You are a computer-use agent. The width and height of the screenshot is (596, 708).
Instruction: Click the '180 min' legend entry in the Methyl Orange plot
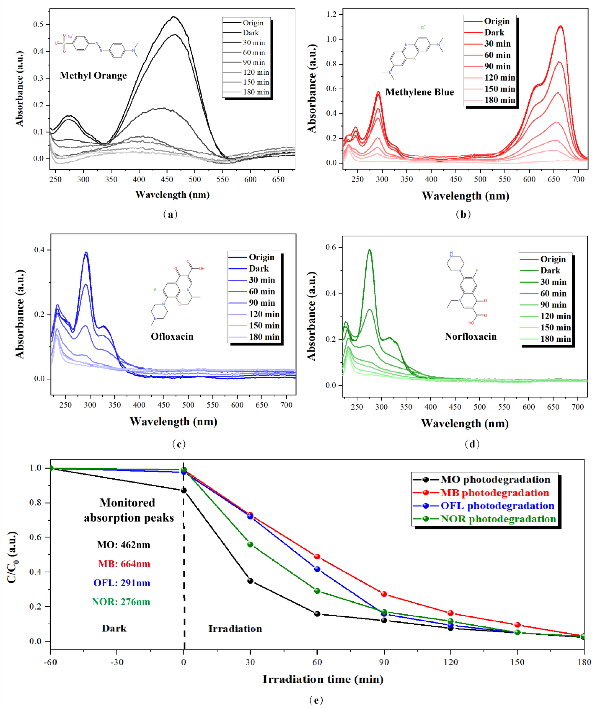point(256,92)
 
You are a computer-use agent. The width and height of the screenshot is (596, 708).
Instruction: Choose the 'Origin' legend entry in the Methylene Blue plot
point(497,21)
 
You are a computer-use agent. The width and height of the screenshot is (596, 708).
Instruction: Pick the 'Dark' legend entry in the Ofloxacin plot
point(258,269)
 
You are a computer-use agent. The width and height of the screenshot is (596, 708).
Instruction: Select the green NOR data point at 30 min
point(250,544)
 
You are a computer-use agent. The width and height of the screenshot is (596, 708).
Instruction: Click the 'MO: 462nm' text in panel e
point(124,545)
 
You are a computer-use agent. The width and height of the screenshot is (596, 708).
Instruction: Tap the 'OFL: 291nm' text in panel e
point(122,583)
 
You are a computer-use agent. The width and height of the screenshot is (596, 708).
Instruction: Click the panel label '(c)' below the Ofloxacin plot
point(179,444)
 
